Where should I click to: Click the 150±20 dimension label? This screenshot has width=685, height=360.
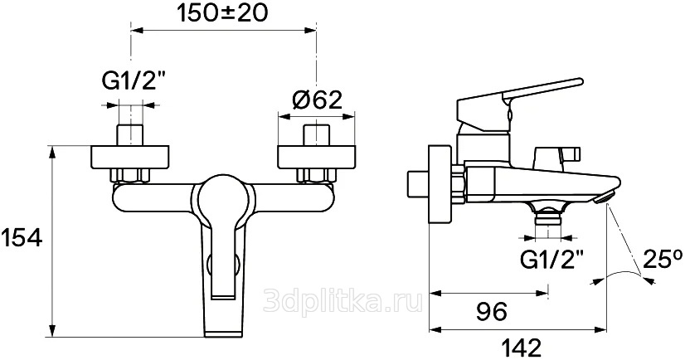click(222, 13)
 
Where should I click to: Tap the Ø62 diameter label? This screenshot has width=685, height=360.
click(317, 100)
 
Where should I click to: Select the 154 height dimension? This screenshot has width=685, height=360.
click(22, 239)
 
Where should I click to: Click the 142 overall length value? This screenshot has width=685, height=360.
click(519, 348)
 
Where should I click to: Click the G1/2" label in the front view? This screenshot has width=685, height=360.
click(129, 81)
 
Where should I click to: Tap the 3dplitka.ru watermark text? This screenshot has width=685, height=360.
click(343, 300)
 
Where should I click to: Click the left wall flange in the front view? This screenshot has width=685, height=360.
click(129, 157)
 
